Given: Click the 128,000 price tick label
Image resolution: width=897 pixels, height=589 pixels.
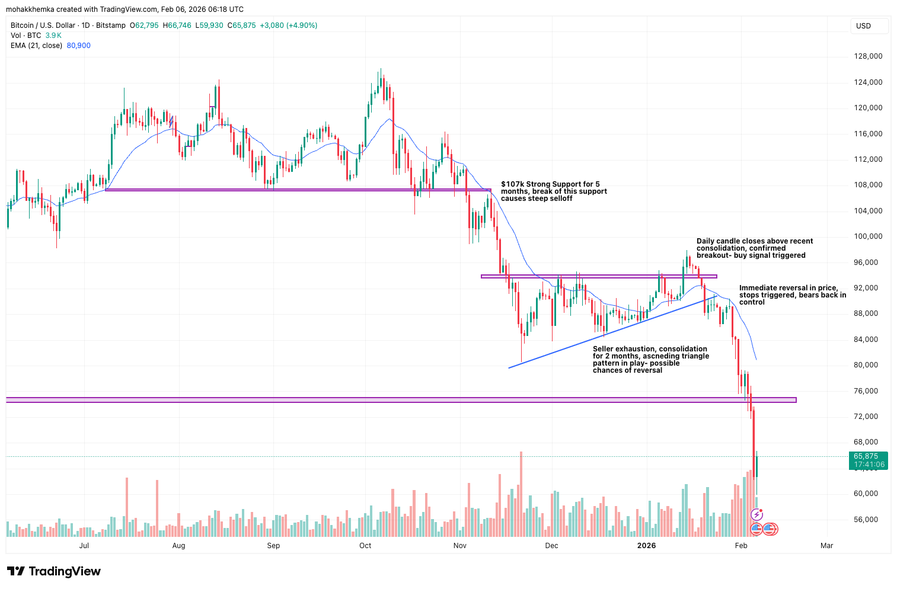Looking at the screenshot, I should coord(868,56).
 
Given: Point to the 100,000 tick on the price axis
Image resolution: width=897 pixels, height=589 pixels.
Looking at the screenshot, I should coord(868,236).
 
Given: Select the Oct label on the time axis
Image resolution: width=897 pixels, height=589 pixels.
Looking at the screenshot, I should coord(365,546).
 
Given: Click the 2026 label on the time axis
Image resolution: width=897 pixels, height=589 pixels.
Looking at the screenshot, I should coord(646,546).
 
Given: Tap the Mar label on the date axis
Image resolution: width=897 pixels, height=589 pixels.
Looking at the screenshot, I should coord(826,546).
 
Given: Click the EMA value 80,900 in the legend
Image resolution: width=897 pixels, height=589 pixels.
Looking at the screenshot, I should coord(78,46).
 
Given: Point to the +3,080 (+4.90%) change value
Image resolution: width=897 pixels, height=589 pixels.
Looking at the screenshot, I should coord(288,25).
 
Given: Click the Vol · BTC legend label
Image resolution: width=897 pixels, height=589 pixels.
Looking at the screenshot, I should coord(26,36).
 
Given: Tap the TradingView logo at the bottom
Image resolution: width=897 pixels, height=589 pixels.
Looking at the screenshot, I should coord(54,571).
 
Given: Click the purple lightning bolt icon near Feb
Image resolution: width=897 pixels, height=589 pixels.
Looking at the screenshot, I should coord(756,514).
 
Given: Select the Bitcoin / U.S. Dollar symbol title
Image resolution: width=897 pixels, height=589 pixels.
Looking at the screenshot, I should coord(43,25).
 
